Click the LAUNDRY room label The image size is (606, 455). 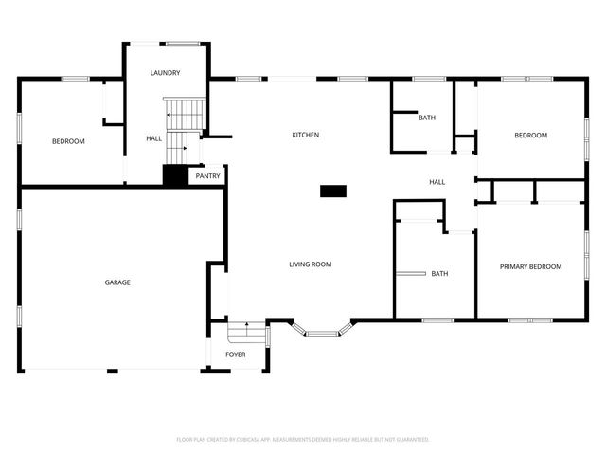click(x=165, y=73)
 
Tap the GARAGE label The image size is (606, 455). click(x=117, y=282)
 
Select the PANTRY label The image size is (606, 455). click(x=207, y=176)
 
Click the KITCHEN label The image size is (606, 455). click(x=305, y=135)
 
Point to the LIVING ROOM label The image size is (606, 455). click(x=310, y=264)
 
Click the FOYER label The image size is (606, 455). click(x=235, y=355)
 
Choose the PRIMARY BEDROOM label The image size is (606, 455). click(x=530, y=266)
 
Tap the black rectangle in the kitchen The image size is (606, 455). click(x=333, y=191)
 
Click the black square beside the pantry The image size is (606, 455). click(x=176, y=176)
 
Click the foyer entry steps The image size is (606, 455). click(x=246, y=333)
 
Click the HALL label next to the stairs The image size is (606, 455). click(x=153, y=138)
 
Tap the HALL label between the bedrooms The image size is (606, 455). click(x=437, y=182)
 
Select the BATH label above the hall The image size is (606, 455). click(x=427, y=118)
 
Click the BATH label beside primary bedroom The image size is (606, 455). click(x=439, y=274)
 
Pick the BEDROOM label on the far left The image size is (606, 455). click(x=68, y=141)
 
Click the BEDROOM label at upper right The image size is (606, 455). click(x=530, y=136)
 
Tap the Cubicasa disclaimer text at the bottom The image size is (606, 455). click(x=303, y=440)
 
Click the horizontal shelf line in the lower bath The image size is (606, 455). click(x=410, y=274)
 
